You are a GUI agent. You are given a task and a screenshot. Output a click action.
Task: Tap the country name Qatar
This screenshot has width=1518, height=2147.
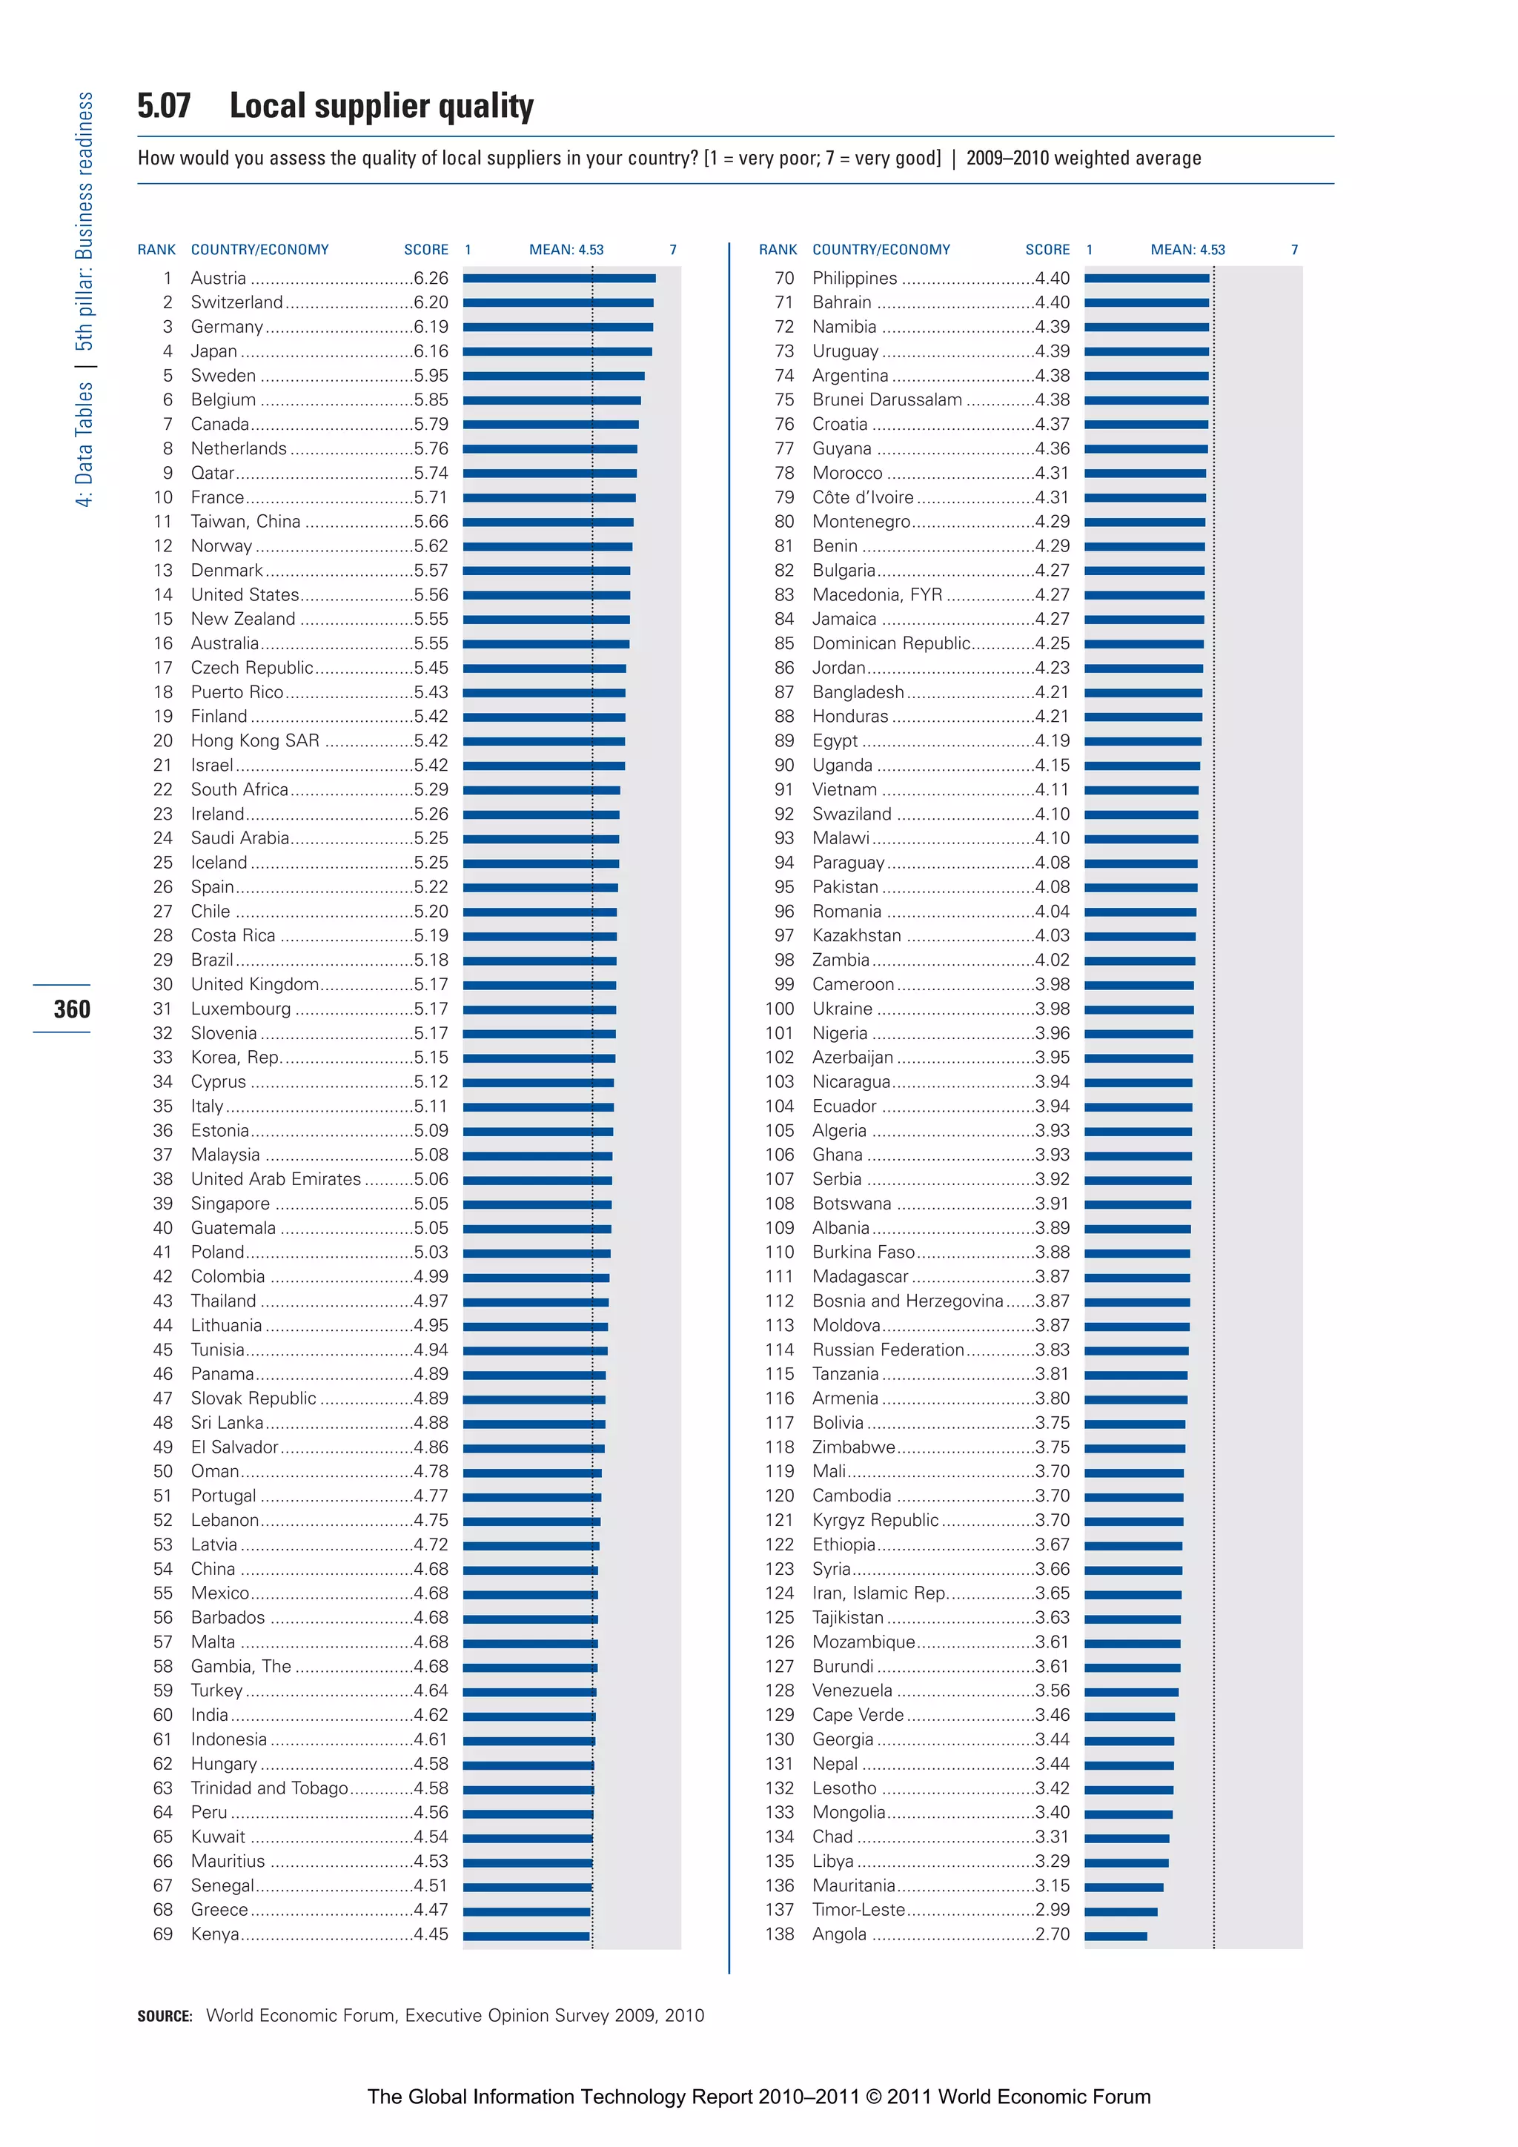pos(212,473)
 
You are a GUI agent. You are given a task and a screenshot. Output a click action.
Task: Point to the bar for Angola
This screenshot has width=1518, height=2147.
pos(1115,1936)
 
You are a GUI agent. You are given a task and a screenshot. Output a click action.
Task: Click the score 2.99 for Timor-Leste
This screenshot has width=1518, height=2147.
pos(1053,1910)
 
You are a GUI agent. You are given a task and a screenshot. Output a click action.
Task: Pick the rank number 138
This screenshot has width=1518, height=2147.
pos(779,1934)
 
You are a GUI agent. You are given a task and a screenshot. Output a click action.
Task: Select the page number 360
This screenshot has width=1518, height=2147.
pos(72,1009)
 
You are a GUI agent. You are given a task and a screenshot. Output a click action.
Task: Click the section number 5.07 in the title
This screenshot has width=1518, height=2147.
pos(164,106)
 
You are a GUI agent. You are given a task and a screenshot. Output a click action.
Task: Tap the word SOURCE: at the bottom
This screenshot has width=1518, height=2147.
pos(165,2016)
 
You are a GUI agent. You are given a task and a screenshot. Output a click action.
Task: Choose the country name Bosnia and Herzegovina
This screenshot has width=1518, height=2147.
pos(907,1301)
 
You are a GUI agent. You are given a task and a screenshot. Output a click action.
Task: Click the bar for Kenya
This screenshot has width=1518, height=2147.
pos(526,1936)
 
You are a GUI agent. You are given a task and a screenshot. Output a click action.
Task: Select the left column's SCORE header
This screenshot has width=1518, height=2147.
pos(425,250)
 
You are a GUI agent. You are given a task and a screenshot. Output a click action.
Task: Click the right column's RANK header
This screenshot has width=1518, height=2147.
pos(778,250)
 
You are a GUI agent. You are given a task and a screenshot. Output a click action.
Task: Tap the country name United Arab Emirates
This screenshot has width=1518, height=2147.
pos(276,1179)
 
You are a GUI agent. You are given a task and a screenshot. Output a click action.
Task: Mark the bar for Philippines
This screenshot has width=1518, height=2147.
pos(1147,279)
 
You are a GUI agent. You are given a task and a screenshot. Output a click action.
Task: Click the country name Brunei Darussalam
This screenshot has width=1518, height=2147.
pos(886,400)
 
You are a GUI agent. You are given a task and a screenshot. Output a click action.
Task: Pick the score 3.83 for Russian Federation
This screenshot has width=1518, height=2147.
pos(1053,1350)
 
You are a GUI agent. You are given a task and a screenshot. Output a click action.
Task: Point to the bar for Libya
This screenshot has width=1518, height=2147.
pos(1126,1862)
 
